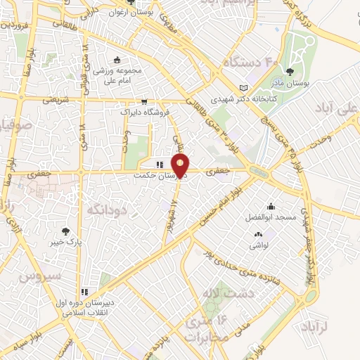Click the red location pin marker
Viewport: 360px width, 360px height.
pyautogui.click(x=181, y=167)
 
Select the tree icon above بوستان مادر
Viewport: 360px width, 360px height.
pyautogui.click(x=290, y=70)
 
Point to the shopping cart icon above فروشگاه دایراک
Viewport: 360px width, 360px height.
pyautogui.click(x=144, y=101)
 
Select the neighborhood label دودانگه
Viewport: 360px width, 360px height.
pyautogui.click(x=106, y=209)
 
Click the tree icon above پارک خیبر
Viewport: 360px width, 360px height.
pyautogui.click(x=65, y=231)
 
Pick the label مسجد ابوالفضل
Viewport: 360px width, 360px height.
pyautogui.click(x=267, y=219)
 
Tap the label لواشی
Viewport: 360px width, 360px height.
pyautogui.click(x=259, y=247)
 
